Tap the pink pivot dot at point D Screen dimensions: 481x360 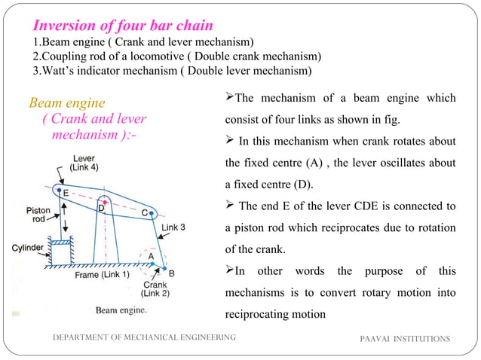[x=106, y=203]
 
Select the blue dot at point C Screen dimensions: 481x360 [x=153, y=214]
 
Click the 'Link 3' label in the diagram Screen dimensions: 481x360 [x=174, y=227]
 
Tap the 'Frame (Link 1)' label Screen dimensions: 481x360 [x=102, y=276]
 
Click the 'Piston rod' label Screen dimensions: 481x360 [x=38, y=215]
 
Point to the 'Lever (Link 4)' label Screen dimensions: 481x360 [x=84, y=163]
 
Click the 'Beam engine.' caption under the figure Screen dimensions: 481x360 [x=121, y=310]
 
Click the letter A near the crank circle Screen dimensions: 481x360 [x=151, y=256]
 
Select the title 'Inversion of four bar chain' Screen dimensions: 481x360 [x=115, y=26]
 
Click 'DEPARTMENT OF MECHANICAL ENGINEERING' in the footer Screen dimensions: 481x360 [x=143, y=338]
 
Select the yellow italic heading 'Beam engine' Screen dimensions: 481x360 [x=67, y=102]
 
